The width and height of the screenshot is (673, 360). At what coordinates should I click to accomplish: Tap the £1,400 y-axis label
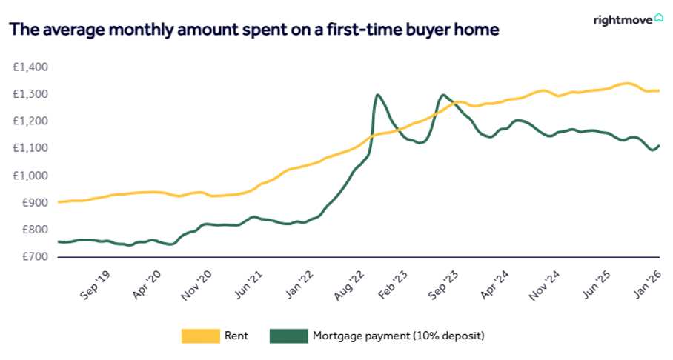coord(30,67)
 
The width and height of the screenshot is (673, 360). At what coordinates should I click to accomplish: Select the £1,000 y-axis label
coord(30,176)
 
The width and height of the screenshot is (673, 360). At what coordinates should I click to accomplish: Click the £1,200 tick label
coord(30,121)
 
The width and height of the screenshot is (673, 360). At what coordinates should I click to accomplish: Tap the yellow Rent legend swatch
coord(201,336)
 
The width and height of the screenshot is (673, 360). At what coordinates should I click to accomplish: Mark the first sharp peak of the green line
coord(378,95)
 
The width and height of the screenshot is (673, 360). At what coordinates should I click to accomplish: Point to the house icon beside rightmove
coord(658,19)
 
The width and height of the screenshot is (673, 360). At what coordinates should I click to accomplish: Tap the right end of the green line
coord(659,145)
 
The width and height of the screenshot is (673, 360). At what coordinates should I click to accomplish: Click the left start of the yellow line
coord(59,201)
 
